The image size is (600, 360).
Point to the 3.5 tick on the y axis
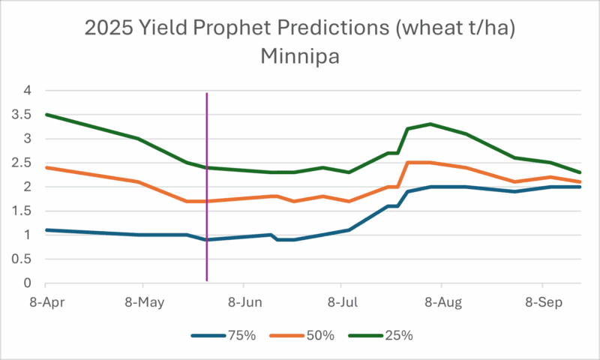click(x=25, y=115)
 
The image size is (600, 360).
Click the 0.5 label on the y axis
click(x=25, y=259)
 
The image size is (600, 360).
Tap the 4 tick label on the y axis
click(x=28, y=91)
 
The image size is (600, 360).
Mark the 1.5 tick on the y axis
click(x=25, y=211)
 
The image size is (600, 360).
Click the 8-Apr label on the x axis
click(x=45, y=302)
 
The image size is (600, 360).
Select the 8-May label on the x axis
click(x=143, y=302)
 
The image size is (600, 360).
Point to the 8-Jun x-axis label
click(x=243, y=302)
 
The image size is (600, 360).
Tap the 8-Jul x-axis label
click(x=341, y=302)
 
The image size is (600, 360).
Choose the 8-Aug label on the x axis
click(x=441, y=302)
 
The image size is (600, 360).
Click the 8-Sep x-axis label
click(x=541, y=302)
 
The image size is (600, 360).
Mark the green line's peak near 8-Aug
click(x=430, y=124)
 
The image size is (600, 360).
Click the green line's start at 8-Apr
click(x=46, y=115)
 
